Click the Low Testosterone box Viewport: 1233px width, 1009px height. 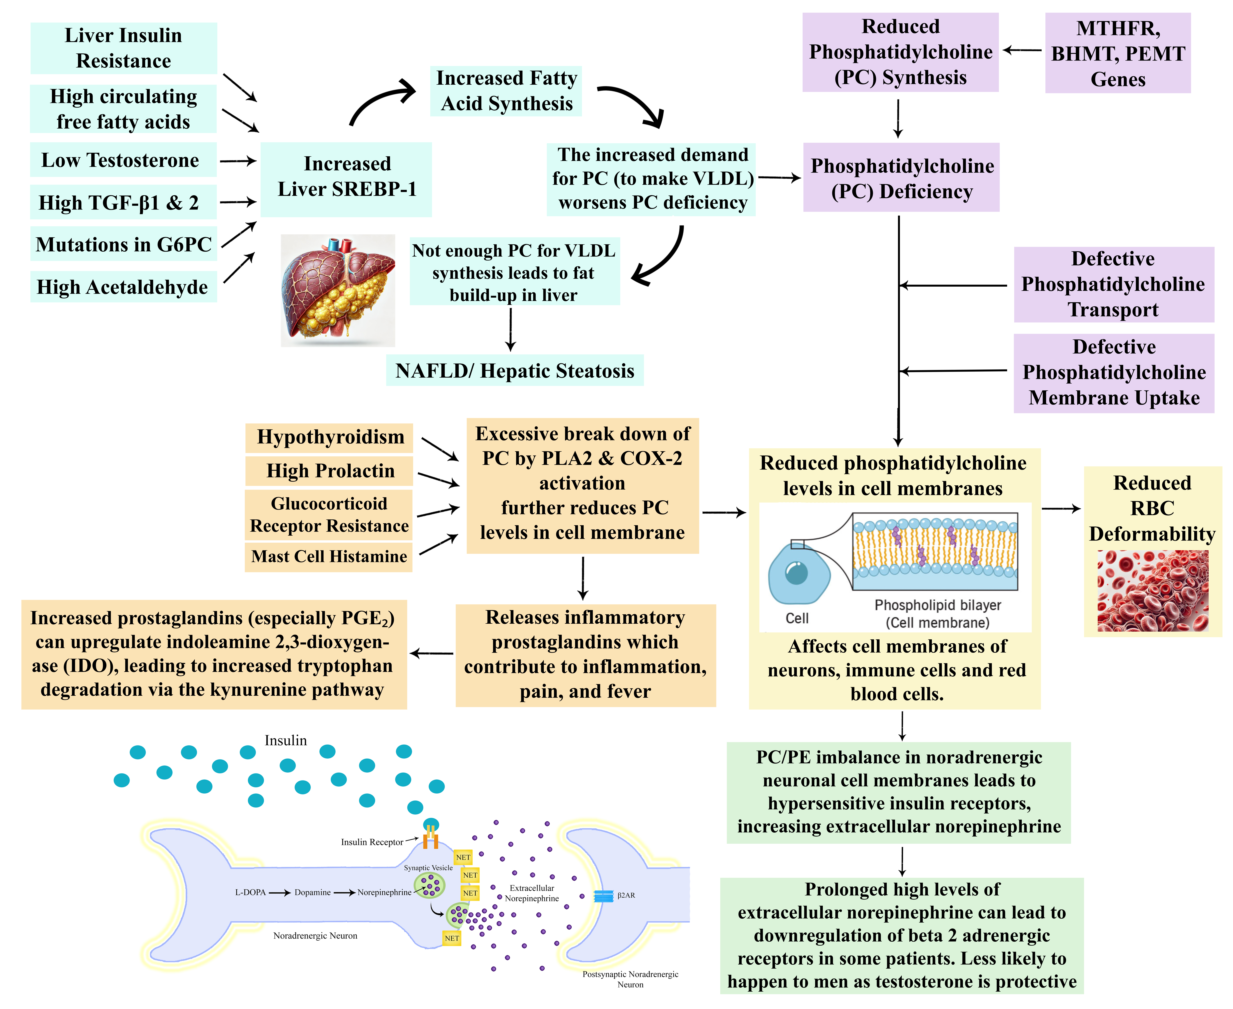point(123,160)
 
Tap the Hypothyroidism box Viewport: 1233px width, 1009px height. point(329,437)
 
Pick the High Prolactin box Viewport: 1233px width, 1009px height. point(329,471)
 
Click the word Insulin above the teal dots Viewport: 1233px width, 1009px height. point(285,740)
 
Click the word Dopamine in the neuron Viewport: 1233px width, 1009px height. point(313,892)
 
